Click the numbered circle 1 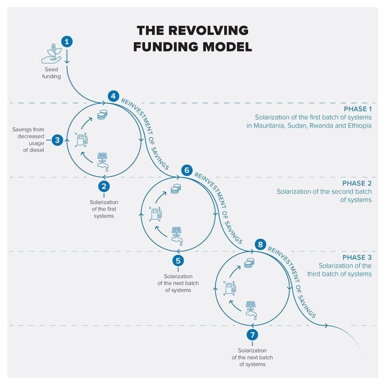67,41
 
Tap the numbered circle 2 104,186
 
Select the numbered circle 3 57,140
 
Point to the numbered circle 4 113,96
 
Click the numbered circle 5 178,260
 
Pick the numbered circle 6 187,170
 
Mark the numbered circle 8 260,244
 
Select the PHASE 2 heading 357,183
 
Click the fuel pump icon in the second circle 155,213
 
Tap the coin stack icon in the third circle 249,263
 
